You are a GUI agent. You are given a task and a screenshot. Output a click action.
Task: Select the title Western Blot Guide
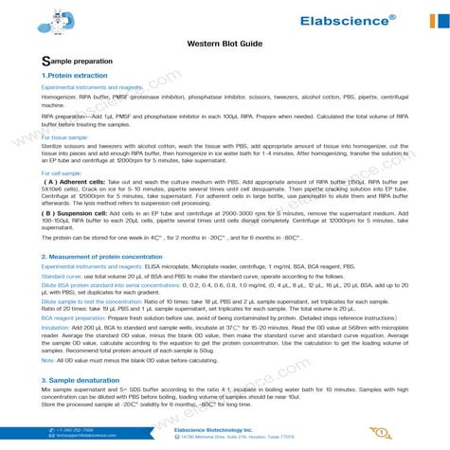coord(225,44)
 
